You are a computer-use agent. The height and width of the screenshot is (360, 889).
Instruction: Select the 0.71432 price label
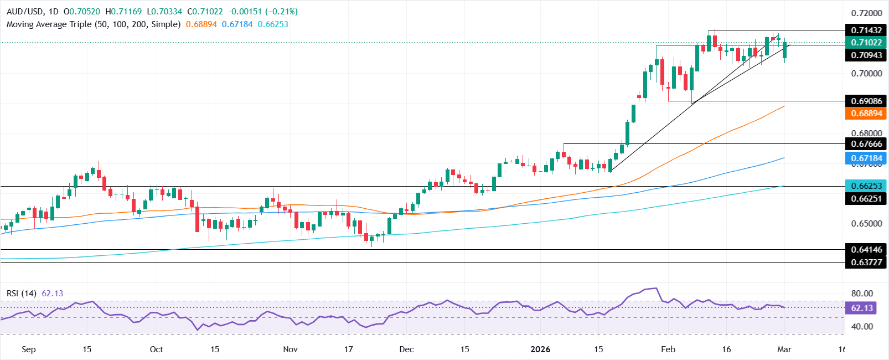click(866, 30)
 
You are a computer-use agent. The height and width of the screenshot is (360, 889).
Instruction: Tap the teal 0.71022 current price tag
click(866, 42)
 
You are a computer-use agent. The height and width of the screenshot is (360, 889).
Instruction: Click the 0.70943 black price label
click(866, 55)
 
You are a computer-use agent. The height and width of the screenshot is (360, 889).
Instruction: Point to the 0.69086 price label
click(866, 101)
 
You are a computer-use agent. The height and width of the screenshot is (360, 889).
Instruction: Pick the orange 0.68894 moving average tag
click(866, 113)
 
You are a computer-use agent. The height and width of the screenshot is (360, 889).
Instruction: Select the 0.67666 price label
click(866, 143)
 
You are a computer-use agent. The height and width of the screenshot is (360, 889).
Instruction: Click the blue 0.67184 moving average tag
click(866, 158)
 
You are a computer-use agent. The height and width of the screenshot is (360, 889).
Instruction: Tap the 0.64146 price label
click(866, 249)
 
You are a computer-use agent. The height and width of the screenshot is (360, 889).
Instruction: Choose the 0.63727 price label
click(866, 262)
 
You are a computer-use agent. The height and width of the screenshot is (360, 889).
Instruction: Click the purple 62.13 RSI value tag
click(861, 308)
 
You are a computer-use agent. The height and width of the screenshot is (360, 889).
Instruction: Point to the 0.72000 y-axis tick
click(866, 13)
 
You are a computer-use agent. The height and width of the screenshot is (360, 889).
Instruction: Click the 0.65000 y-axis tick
click(866, 223)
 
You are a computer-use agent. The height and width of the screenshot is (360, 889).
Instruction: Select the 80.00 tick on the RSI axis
click(862, 294)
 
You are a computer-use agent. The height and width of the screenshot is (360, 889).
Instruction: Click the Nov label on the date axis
click(290, 349)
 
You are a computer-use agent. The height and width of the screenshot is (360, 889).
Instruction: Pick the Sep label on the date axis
click(28, 349)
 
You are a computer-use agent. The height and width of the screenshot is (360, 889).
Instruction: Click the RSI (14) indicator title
click(21, 293)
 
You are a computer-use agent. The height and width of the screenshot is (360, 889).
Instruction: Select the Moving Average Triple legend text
click(93, 24)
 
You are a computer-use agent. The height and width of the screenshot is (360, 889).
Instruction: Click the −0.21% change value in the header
click(283, 12)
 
